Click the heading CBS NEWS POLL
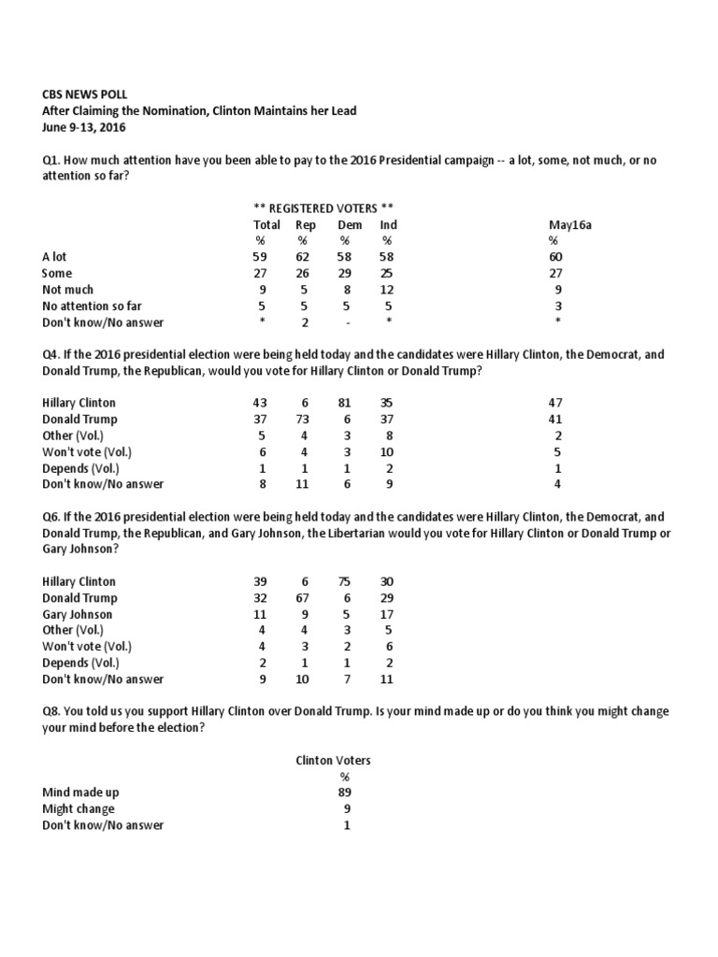coord(85,94)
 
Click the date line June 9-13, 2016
coord(84,127)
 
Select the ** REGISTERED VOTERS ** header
coord(323,207)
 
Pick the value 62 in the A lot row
coord(305,257)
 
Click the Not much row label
coord(68,290)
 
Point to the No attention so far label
coord(92,307)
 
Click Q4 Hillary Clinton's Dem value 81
coord(346,403)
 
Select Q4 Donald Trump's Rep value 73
coord(305,420)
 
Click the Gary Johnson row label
coord(78,614)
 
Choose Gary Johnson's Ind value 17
coord(387,614)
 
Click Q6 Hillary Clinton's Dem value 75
coord(346,581)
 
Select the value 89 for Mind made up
coord(346,793)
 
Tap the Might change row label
coord(79,809)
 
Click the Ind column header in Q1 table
coord(388,224)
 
